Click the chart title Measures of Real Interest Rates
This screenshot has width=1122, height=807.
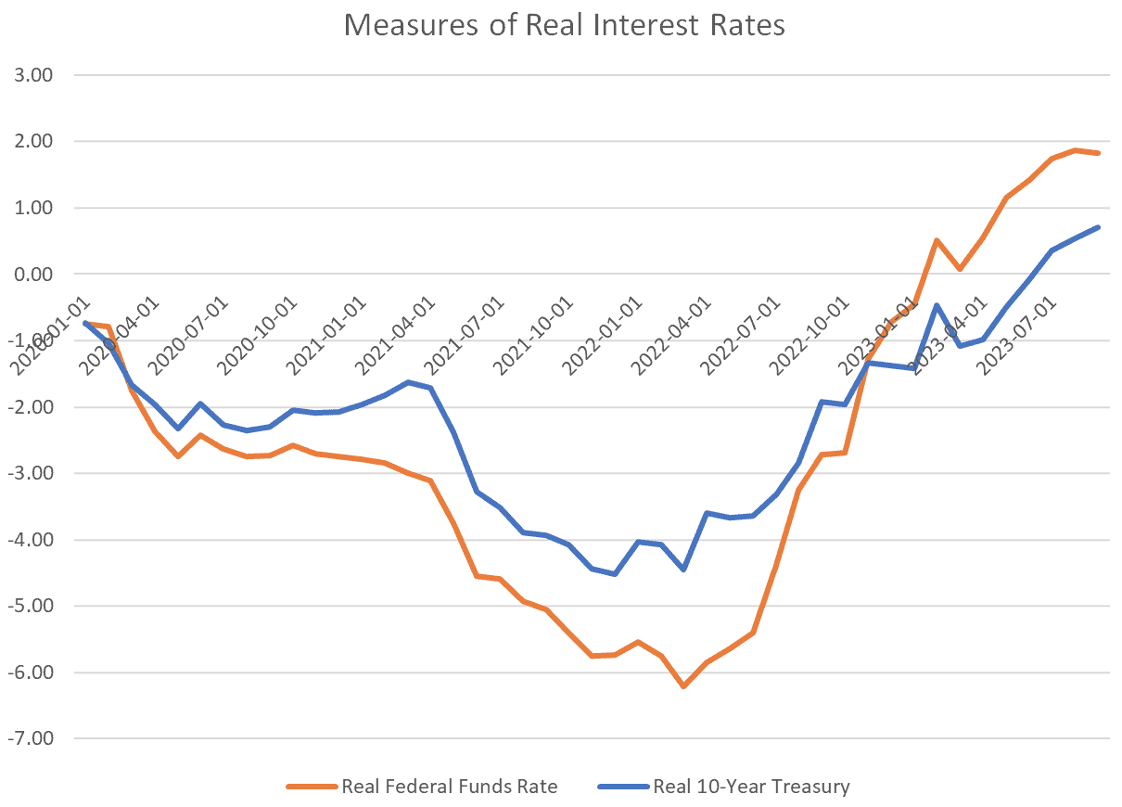(564, 25)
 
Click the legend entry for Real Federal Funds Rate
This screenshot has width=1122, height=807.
(449, 787)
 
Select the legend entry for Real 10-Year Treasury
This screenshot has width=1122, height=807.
(751, 787)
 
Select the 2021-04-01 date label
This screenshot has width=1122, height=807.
(395, 336)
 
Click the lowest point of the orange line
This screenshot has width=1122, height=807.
(684, 686)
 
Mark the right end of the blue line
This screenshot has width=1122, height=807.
(1099, 227)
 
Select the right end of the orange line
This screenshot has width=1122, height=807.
(1099, 153)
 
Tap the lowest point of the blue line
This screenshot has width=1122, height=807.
(615, 574)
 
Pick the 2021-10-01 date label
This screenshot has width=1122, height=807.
(534, 336)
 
